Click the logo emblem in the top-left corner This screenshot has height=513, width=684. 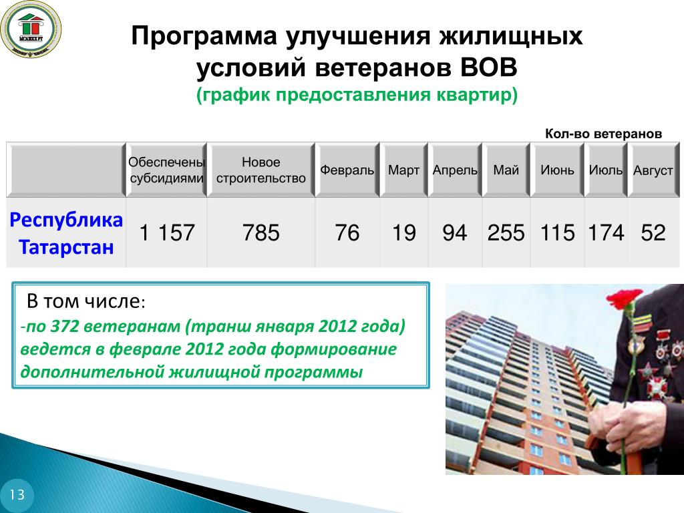[31, 29]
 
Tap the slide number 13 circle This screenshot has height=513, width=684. [17, 495]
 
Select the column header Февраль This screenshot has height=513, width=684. [347, 170]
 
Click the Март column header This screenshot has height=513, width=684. [404, 170]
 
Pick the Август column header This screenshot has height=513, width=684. [653, 170]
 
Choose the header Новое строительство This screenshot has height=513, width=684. [261, 170]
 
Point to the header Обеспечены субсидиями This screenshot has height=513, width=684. [166, 170]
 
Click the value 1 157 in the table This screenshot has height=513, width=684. [166, 232]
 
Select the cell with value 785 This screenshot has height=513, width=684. [261, 232]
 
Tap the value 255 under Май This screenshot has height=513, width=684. [506, 232]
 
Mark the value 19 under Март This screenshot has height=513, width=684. [404, 232]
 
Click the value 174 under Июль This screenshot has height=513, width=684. [606, 232]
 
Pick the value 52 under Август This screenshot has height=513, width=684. [653, 232]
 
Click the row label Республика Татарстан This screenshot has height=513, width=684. [66, 233]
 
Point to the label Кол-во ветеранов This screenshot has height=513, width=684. [603, 134]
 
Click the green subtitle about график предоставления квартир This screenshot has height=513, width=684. [357, 95]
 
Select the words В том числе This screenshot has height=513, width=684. [86, 301]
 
